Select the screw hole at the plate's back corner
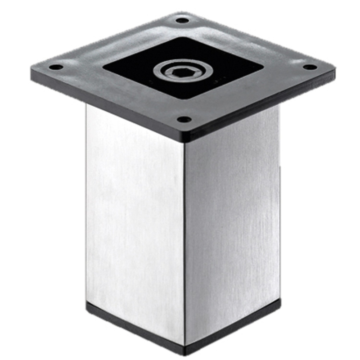coord(182,20)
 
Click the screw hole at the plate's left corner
coord(56,67)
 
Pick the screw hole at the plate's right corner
coord(310,67)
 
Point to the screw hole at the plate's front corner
coord(184,120)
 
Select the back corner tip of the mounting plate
coord(182,13)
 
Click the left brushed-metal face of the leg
coord(135,216)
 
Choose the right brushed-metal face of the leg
coord(232,216)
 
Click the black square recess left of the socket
coord(130,67)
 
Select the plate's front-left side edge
coord(108,106)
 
